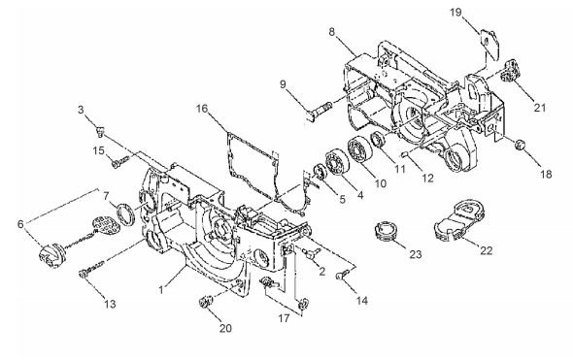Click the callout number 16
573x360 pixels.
[x=201, y=109]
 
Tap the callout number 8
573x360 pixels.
[x=331, y=32]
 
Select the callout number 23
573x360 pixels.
[x=416, y=254]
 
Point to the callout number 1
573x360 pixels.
[x=161, y=289]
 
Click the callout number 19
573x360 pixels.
[x=455, y=13]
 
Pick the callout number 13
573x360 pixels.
[x=110, y=304]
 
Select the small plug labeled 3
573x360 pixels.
[x=100, y=130]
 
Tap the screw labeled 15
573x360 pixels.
[x=119, y=162]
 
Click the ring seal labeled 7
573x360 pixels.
[x=125, y=215]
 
